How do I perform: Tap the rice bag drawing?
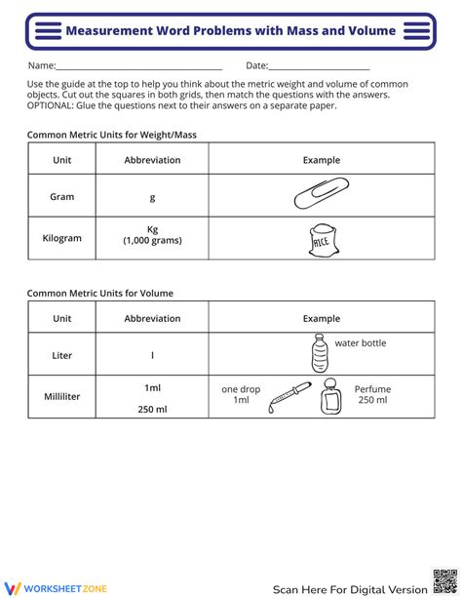pyautogui.click(x=321, y=238)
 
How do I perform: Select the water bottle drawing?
pyautogui.click(x=319, y=352)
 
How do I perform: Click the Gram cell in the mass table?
pyautogui.click(x=62, y=197)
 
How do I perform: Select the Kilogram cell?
pyautogui.click(x=62, y=237)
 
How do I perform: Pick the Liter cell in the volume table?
pyautogui.click(x=62, y=355)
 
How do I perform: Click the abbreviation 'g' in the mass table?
pyautogui.click(x=152, y=197)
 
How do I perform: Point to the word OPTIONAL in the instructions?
pyautogui.click(x=49, y=106)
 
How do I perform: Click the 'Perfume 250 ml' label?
pyautogui.click(x=372, y=394)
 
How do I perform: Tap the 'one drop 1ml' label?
pyautogui.click(x=241, y=394)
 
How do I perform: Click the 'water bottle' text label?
pyautogui.click(x=360, y=343)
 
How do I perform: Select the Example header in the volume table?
pyautogui.click(x=321, y=318)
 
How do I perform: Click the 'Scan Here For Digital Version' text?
pyautogui.click(x=350, y=588)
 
